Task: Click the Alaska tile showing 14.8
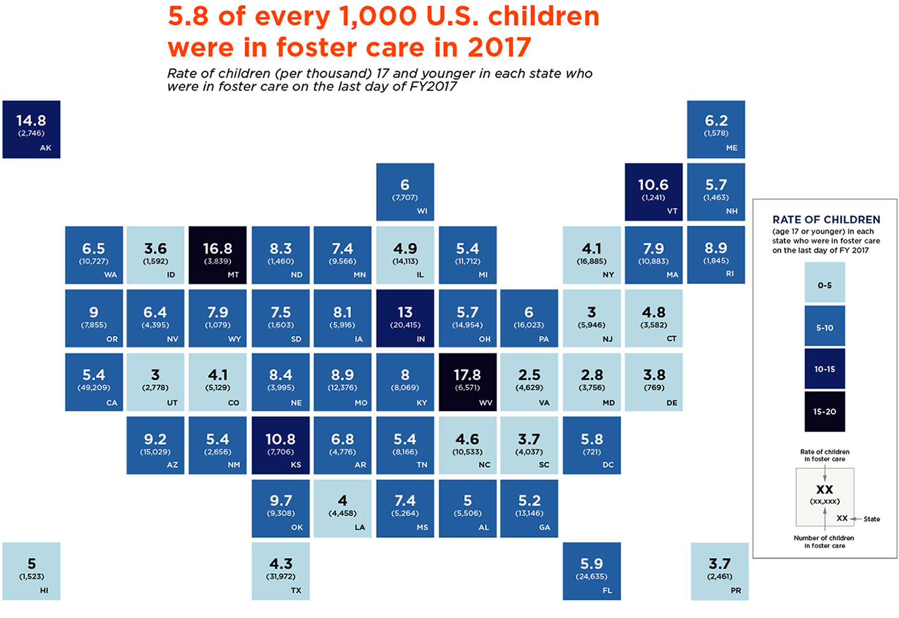click(x=31, y=129)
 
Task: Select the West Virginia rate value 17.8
click(x=467, y=375)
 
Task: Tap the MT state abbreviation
click(x=233, y=275)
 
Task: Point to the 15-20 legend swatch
click(x=825, y=411)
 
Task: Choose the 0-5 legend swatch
click(x=825, y=285)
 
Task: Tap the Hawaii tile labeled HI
click(x=31, y=571)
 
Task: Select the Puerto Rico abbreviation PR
click(x=736, y=591)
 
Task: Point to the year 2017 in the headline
click(x=499, y=48)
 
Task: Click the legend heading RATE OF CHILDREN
click(x=826, y=220)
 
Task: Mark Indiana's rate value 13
click(x=405, y=313)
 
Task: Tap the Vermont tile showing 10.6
click(x=653, y=192)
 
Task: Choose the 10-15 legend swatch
click(x=825, y=369)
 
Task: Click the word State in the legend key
click(x=872, y=519)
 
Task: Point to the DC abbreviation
click(x=608, y=465)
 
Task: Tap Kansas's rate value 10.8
click(x=280, y=439)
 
